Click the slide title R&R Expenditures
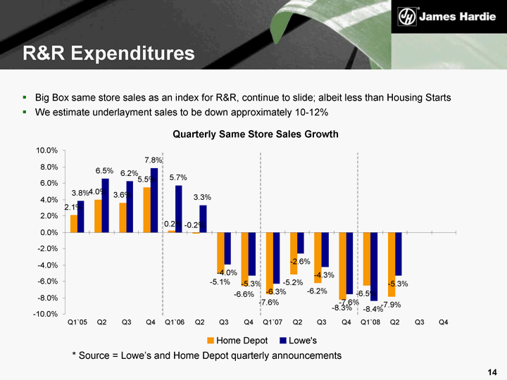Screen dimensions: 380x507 108,53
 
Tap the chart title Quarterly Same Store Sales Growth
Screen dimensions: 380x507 256,134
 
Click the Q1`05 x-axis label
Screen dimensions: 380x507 77,322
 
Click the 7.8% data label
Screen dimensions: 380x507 154,160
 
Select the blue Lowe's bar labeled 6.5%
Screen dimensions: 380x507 105,205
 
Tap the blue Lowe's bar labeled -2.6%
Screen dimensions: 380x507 301,243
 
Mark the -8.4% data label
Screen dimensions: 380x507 373,308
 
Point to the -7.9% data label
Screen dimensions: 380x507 392,305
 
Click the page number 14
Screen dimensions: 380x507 492,370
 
